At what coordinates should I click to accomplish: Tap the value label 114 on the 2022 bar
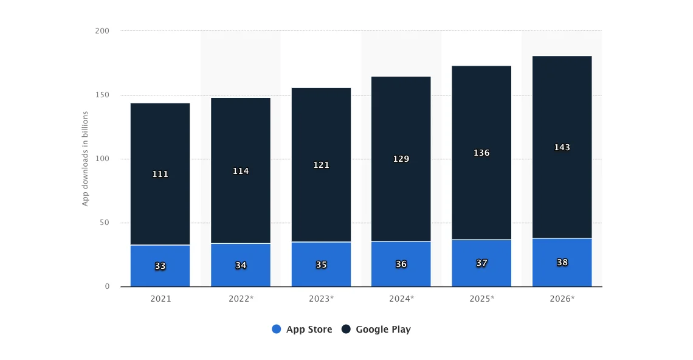[x=241, y=171]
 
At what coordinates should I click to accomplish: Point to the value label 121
[x=321, y=165]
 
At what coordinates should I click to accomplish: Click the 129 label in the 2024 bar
[x=401, y=159]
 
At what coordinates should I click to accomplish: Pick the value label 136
[x=481, y=153]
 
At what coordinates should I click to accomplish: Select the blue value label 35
[x=321, y=265]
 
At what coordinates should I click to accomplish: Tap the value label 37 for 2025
[x=481, y=263]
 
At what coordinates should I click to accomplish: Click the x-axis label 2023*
[x=321, y=299]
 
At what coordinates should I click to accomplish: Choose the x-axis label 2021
[x=160, y=299]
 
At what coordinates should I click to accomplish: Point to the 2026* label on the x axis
[x=562, y=299]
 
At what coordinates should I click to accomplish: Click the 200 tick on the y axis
[x=103, y=30]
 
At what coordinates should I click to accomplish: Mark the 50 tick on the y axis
[x=105, y=223]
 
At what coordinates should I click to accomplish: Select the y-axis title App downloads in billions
[x=85, y=159]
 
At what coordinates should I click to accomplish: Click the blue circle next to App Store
[x=277, y=329]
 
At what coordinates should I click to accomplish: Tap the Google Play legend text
[x=383, y=329]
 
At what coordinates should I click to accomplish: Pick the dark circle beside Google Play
[x=346, y=329]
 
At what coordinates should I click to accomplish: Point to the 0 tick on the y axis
[x=107, y=286]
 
